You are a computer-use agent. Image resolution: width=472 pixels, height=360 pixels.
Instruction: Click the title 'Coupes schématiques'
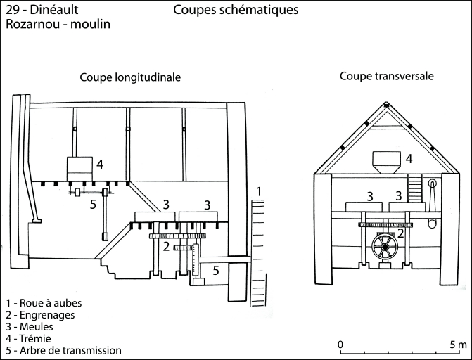[235, 11]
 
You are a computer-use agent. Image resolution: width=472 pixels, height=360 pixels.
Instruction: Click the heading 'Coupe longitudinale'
[130, 77]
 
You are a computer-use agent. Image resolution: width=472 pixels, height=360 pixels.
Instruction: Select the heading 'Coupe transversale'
[386, 75]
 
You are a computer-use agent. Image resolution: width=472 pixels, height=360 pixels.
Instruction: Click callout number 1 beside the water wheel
[259, 191]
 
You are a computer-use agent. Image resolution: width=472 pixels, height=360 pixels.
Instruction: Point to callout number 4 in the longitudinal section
[100, 165]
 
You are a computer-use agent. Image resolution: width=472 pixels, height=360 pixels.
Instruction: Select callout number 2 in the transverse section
[400, 233]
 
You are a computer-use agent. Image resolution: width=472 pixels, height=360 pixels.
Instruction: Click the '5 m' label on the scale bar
[457, 345]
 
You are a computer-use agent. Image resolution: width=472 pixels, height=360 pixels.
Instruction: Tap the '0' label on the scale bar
[340, 345]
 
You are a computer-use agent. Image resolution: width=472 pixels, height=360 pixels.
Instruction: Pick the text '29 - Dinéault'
[42, 10]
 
